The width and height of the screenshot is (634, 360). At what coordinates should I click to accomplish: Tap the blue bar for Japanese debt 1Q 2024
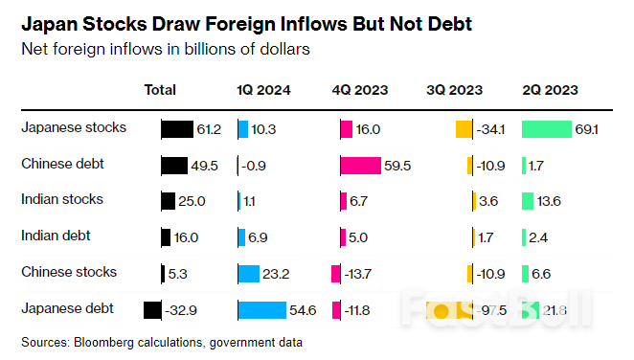261,309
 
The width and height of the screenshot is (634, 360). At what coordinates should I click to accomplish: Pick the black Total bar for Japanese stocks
176,128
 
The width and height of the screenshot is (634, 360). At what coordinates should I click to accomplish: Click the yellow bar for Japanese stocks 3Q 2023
464,128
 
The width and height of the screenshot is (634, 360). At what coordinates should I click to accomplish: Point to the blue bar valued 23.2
249,274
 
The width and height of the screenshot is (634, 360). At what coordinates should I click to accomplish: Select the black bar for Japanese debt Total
151,309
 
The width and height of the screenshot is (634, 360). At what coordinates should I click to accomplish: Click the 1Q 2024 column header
264,90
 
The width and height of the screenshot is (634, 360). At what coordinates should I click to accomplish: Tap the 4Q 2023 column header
359,90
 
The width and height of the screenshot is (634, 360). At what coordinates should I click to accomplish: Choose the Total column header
160,90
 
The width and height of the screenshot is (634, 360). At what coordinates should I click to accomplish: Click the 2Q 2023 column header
549,90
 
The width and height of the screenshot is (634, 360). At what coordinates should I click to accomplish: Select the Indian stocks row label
62,199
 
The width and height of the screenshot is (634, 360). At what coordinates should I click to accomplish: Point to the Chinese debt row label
62,164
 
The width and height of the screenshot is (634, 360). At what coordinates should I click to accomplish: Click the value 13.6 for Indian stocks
551,201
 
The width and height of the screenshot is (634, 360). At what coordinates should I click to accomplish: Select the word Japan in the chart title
43,21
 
